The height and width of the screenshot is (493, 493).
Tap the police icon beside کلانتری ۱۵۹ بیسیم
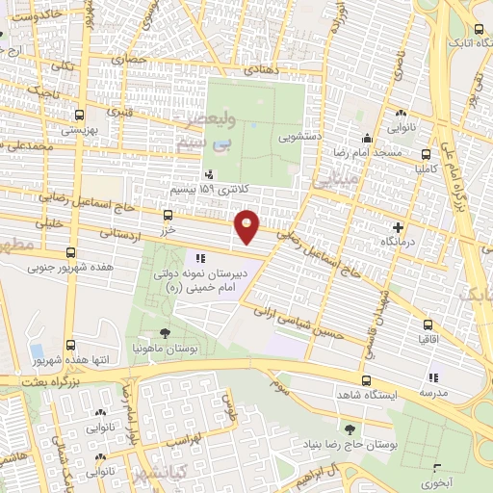pos(209,174)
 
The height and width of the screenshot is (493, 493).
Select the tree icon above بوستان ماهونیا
pos(166,332)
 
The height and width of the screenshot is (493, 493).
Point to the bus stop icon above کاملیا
pos(427,154)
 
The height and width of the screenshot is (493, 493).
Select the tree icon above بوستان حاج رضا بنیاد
pos(349,428)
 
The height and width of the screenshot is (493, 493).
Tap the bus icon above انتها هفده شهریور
pos(70,345)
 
